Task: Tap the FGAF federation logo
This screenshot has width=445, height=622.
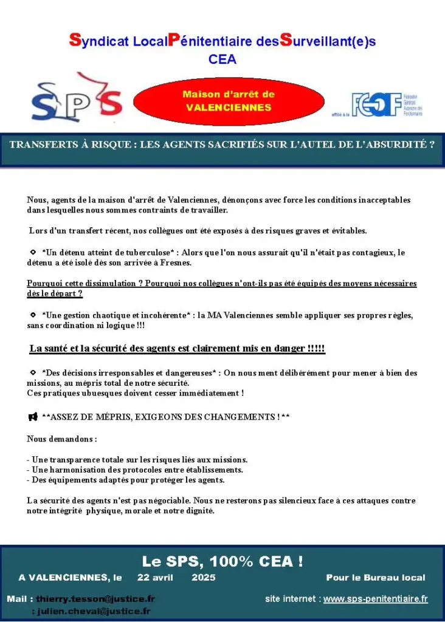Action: click(x=386, y=105)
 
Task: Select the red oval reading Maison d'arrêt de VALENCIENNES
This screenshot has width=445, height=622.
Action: click(x=228, y=101)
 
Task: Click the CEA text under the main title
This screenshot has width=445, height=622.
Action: click(x=222, y=60)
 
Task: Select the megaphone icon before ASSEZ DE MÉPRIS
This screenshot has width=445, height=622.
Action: click(x=33, y=417)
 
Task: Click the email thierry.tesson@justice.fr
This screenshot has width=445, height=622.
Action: click(x=95, y=599)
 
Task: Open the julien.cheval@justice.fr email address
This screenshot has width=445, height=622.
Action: click(x=94, y=611)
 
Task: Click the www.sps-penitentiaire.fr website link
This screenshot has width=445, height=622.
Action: click(x=375, y=599)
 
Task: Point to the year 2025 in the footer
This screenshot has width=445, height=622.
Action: click(x=203, y=578)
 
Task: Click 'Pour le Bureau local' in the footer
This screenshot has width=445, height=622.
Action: click(x=375, y=578)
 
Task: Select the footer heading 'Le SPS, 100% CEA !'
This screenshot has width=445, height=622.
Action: click(x=222, y=561)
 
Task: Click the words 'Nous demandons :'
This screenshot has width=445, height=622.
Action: click(x=62, y=439)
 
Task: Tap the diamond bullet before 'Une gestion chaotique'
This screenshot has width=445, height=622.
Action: click(x=33, y=315)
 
